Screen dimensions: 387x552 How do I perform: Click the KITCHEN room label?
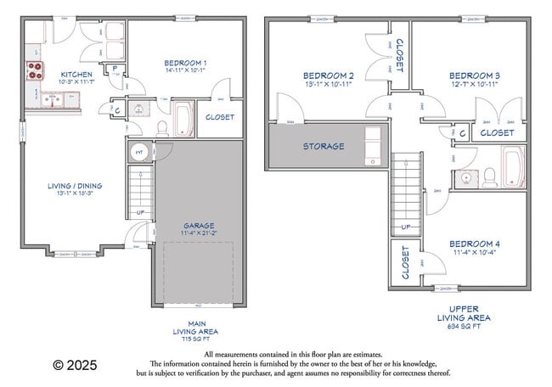(75, 75)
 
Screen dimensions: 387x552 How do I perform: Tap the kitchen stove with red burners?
(35, 70)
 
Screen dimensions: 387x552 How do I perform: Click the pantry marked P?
(115, 71)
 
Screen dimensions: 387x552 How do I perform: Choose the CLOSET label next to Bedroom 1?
(220, 117)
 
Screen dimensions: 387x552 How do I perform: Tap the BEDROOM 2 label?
(329, 76)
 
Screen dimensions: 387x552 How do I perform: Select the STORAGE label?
(324, 146)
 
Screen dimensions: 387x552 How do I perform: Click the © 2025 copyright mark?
(75, 365)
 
